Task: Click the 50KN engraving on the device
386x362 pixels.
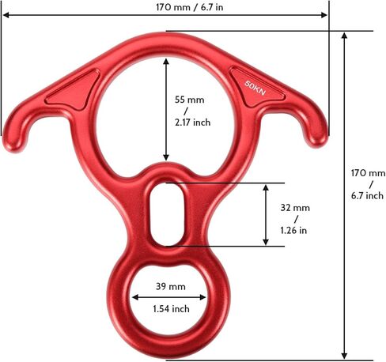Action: click(255, 88)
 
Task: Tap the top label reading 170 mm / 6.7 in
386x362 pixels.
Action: click(190, 7)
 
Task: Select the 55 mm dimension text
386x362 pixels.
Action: click(190, 100)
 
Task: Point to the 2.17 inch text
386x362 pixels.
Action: click(193, 123)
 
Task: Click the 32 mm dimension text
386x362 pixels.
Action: click(295, 208)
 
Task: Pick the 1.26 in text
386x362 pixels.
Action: click(293, 230)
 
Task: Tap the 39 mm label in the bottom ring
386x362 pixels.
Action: click(171, 286)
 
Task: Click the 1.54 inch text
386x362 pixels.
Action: click(172, 308)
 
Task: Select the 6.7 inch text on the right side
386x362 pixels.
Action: click(367, 195)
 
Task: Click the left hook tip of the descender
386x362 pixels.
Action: click(13, 148)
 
